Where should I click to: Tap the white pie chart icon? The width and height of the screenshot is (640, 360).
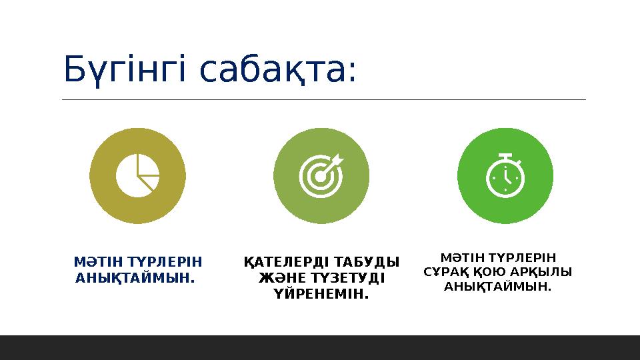pos(137,175)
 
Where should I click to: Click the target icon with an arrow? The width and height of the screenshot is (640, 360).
pos(321,175)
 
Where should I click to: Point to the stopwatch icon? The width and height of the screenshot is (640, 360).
pos(505,175)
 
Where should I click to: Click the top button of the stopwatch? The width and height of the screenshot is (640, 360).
pos(505,156)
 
